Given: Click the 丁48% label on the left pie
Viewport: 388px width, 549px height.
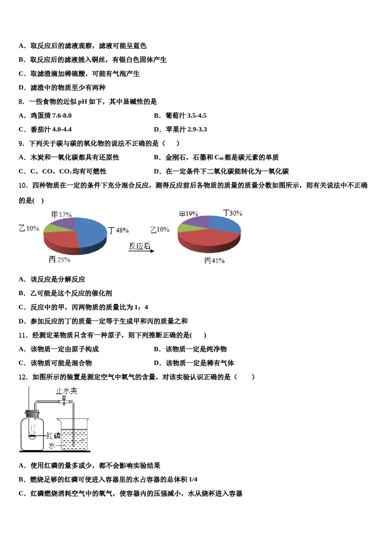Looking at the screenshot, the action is [118, 230].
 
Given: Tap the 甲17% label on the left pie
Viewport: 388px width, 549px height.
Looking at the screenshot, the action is [61, 214].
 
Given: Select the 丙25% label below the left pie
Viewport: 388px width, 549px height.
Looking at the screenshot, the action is [59, 260].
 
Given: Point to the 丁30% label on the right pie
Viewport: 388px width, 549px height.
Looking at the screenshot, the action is [232, 213].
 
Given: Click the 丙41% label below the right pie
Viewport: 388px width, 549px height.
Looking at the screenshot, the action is [214, 261].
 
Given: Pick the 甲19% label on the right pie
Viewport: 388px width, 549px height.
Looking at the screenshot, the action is [189, 214].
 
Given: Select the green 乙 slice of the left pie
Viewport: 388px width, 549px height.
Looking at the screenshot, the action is [52, 228].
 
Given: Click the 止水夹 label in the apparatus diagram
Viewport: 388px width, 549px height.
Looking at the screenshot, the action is [67, 391].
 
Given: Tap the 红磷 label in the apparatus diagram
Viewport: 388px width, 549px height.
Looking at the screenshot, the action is [54, 435].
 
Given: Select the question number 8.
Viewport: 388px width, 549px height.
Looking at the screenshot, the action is [21, 102].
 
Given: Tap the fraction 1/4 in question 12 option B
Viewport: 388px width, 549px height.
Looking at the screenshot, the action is [193, 480].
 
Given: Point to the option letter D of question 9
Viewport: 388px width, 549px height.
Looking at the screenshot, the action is [157, 172].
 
